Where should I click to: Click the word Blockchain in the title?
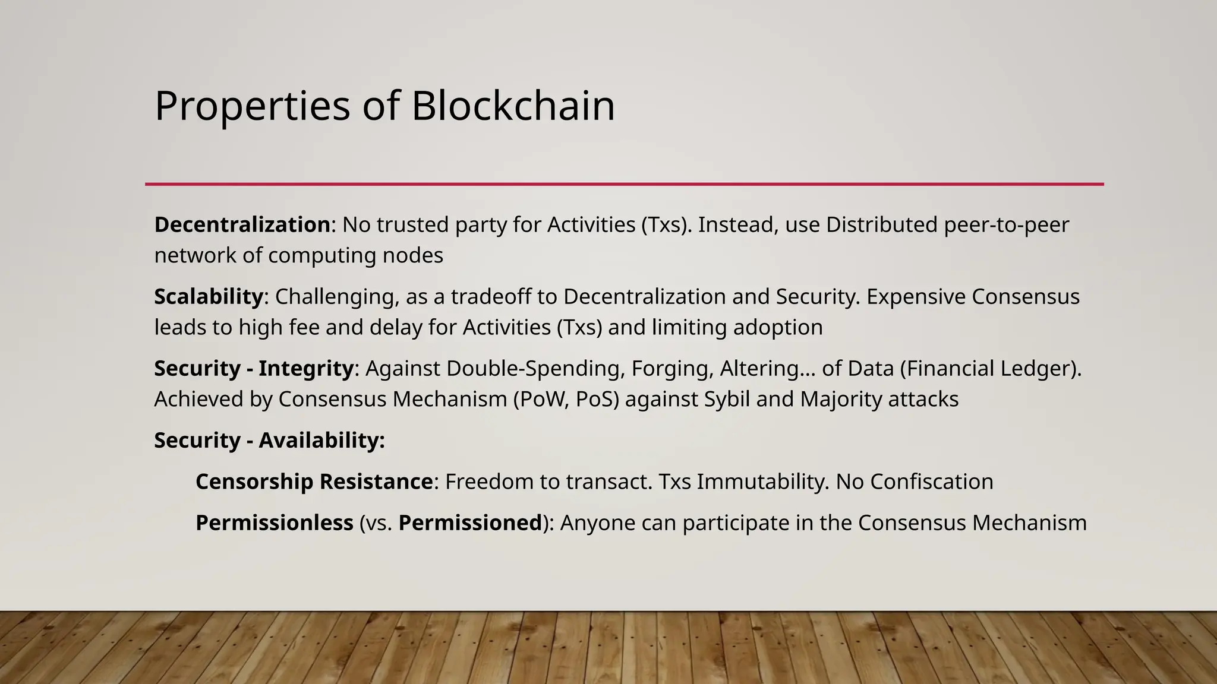(x=512, y=107)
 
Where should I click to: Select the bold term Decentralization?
(x=242, y=225)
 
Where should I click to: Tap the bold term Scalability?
(x=209, y=297)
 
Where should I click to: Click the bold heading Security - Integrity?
(x=254, y=369)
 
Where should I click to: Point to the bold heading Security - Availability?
(x=269, y=441)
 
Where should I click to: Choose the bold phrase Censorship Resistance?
(x=314, y=482)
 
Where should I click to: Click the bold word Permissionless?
(x=274, y=523)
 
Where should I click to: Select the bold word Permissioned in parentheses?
(x=469, y=523)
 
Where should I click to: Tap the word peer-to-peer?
(x=1006, y=225)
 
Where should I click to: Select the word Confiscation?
(x=931, y=482)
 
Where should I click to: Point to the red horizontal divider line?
(x=624, y=184)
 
